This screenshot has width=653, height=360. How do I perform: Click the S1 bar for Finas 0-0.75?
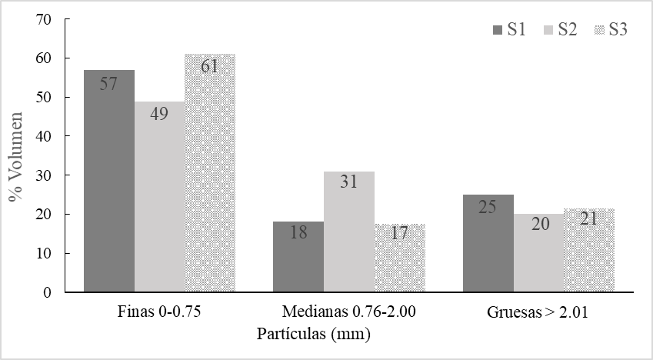pyautogui.click(x=108, y=181)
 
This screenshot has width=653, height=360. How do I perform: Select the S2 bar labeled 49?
pyautogui.click(x=159, y=197)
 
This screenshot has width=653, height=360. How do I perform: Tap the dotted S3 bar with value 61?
pyautogui.click(x=210, y=173)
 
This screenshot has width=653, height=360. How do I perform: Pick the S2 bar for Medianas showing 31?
pyautogui.click(x=349, y=232)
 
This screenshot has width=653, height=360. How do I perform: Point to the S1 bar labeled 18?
pyautogui.click(x=298, y=257)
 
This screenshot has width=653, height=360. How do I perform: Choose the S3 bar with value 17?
pyautogui.click(x=400, y=258)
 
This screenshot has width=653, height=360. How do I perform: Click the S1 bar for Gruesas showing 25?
pyautogui.click(x=488, y=243)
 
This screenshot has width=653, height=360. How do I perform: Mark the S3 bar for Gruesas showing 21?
pyautogui.click(x=589, y=251)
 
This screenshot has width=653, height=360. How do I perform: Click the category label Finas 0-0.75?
pyautogui.click(x=159, y=314)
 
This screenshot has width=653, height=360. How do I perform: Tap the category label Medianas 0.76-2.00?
pyautogui.click(x=349, y=314)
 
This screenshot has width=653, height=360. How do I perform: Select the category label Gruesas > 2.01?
pyautogui.click(x=539, y=314)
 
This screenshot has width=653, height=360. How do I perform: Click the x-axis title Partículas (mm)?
pyautogui.click(x=314, y=335)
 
